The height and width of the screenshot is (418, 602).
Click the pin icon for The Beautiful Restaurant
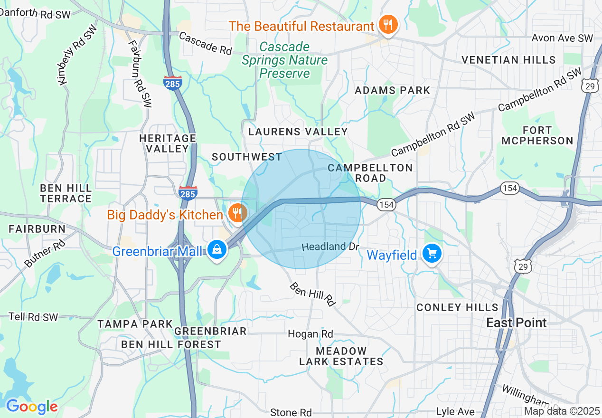(x=388, y=25)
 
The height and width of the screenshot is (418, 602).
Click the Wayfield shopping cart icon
(x=432, y=254)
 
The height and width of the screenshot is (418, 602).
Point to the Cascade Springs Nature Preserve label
(x=284, y=60)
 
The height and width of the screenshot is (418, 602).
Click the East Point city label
(x=517, y=323)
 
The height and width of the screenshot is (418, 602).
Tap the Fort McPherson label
(x=537, y=135)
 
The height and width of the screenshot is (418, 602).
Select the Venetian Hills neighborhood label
(x=508, y=60)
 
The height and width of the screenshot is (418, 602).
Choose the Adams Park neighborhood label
(x=392, y=90)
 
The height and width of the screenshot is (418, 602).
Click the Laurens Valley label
(x=298, y=132)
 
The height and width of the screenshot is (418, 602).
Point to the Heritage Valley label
(x=168, y=143)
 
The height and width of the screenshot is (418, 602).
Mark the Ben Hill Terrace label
(x=66, y=193)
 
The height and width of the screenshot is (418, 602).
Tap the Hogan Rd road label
(x=310, y=334)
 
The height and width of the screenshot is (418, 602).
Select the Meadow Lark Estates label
(x=341, y=356)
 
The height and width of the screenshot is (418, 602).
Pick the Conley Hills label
(x=457, y=307)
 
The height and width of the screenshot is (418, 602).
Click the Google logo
(x=32, y=407)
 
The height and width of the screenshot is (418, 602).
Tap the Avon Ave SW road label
(x=562, y=38)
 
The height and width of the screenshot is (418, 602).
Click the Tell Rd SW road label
(x=34, y=317)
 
